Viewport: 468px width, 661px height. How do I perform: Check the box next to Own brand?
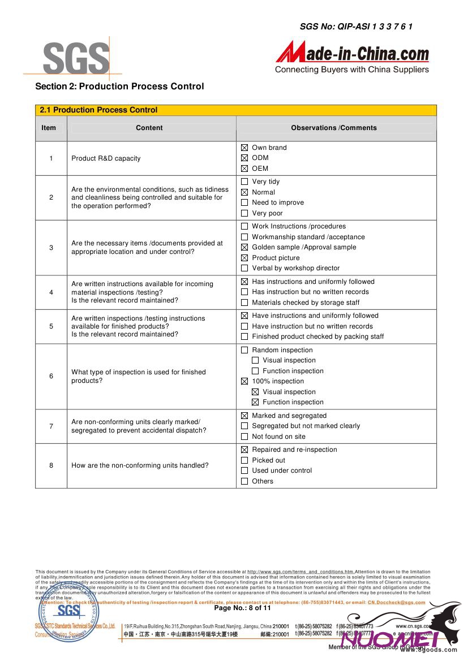244,148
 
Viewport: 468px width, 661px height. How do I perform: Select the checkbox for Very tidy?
244,182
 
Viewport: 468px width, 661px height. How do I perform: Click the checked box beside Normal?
244,192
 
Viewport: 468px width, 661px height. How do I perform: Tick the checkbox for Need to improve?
244,202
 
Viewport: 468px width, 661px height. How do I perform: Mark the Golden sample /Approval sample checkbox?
244,247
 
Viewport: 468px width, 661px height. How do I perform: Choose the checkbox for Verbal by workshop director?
244,268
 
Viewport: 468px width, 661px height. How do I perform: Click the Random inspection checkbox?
244,350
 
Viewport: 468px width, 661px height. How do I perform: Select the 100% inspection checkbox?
244,381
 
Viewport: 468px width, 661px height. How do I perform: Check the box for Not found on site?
244,437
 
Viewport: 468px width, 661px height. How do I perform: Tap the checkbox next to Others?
244,481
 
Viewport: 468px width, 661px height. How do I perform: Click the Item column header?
49,128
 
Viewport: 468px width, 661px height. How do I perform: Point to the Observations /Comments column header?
334,128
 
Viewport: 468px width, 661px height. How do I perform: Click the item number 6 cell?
51,376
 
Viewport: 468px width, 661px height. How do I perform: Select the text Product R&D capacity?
106,158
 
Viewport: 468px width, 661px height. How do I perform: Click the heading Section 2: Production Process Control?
119,87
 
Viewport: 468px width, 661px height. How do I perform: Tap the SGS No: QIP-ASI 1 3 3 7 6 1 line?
356,26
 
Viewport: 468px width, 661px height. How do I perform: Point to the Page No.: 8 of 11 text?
242,608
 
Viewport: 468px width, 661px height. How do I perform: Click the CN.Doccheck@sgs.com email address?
396,603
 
